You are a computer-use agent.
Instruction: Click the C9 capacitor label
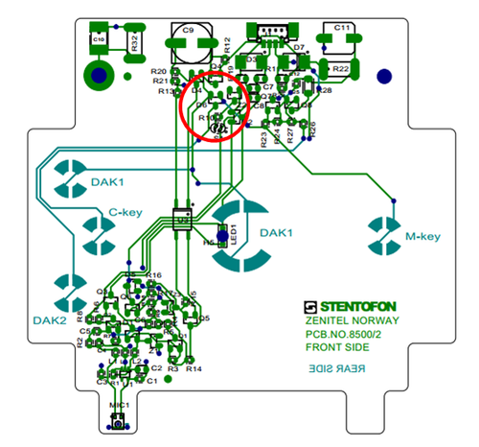point(189,31)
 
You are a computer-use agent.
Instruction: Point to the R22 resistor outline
point(342,69)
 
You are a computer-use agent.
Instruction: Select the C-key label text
point(126,213)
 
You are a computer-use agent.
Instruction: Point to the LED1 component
point(226,236)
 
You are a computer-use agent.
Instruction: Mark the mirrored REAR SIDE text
point(334,367)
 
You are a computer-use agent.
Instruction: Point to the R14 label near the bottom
point(194,368)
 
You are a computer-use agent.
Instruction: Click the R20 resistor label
point(159,72)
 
